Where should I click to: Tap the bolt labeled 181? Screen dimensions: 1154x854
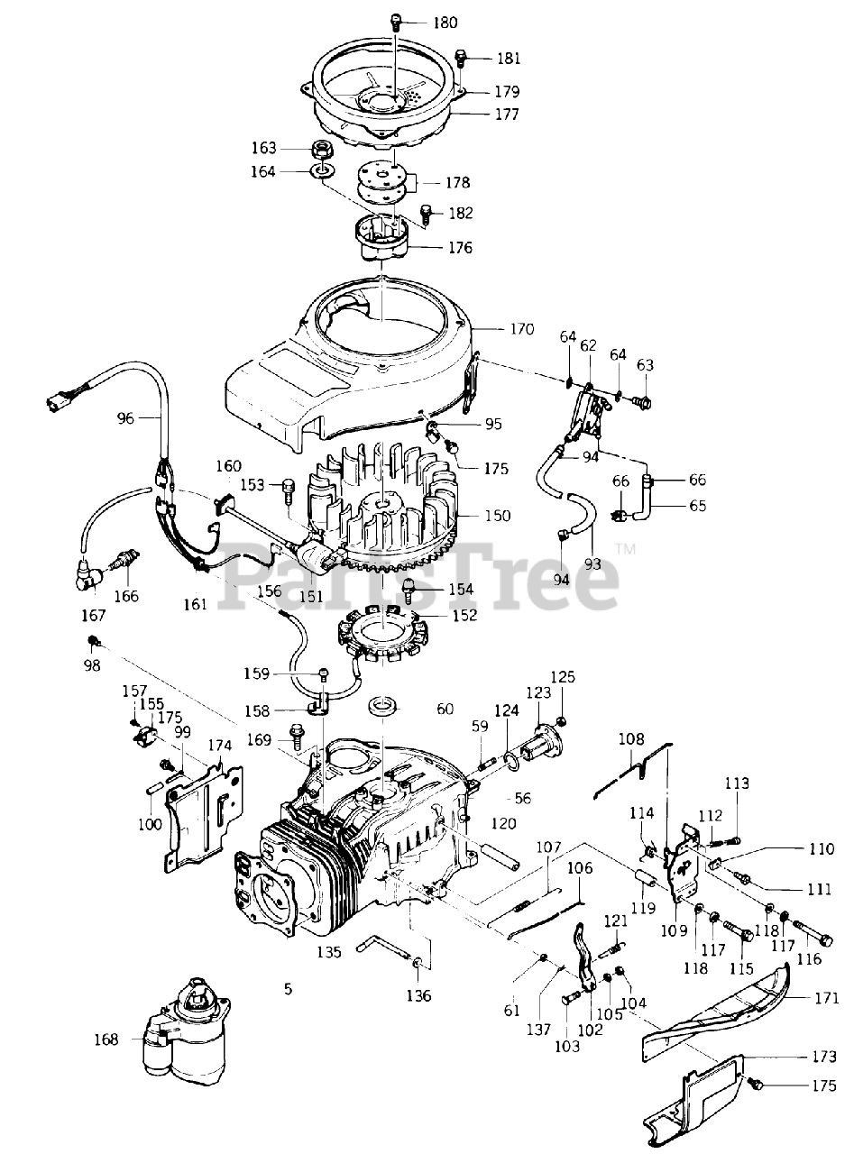point(460,59)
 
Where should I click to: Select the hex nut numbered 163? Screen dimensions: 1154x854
point(322,149)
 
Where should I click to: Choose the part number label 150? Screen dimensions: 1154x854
point(497,516)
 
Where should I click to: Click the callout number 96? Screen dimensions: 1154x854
point(125,417)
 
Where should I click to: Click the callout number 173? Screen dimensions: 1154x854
point(824,1056)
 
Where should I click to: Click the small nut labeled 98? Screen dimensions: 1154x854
point(93,642)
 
